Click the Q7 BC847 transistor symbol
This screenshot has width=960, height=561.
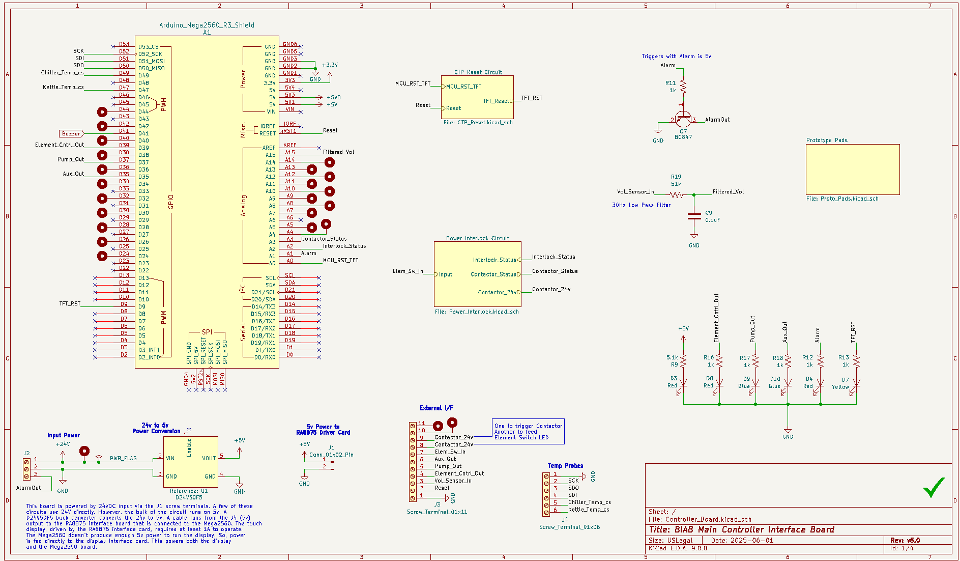[x=683, y=120]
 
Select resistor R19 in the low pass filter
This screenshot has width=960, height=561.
[x=676, y=194]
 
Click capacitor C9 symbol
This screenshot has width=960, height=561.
[x=694, y=216]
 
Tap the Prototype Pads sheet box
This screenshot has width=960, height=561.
[x=852, y=170]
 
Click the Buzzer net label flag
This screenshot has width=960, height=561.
[x=71, y=133]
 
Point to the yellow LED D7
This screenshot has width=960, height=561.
[x=856, y=382]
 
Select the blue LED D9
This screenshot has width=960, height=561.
[x=755, y=382]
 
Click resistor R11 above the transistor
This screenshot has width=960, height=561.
[x=683, y=87]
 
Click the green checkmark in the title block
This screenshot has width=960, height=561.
[x=934, y=487]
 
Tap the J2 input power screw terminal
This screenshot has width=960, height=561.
[x=26, y=468]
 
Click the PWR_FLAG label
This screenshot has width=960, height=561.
[x=123, y=458]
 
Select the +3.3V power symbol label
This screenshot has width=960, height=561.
[x=330, y=65]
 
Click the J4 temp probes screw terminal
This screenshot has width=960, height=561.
[x=546, y=494]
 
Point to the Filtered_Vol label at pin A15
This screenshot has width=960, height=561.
[x=338, y=152]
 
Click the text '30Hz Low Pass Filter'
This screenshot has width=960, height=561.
[x=641, y=205]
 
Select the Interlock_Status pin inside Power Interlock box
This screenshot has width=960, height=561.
[x=494, y=260]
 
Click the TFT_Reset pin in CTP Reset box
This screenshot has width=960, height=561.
[x=496, y=101]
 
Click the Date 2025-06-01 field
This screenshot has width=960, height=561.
[x=742, y=540]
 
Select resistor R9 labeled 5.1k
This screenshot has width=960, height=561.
[x=683, y=360]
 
